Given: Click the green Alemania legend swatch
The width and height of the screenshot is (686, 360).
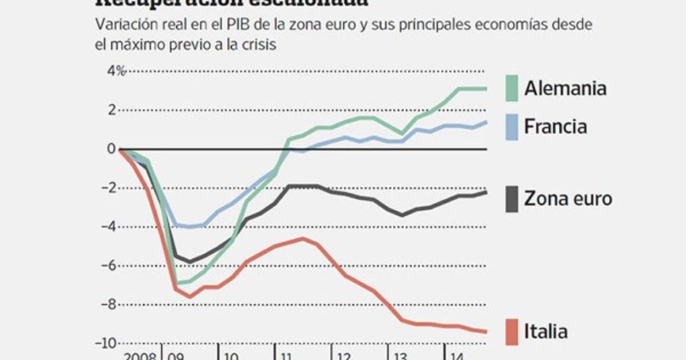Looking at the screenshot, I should pyautogui.click(x=512, y=89).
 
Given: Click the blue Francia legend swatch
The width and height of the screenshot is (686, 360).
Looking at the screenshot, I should pyautogui.click(x=512, y=126).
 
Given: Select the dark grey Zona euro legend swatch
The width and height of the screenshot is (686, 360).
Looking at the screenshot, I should pyautogui.click(x=512, y=199).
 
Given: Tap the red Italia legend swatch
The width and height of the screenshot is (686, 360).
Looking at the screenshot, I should pyautogui.click(x=512, y=331).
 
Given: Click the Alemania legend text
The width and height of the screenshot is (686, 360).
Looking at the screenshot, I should pyautogui.click(x=565, y=89).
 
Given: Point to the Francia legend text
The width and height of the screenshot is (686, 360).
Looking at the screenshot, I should pyautogui.click(x=556, y=126).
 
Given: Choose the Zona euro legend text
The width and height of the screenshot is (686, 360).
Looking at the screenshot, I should pyautogui.click(x=568, y=199).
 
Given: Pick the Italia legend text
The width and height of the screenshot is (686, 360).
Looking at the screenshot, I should pyautogui.click(x=547, y=331).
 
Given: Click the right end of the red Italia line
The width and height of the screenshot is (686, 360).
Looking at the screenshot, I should pyautogui.click(x=486, y=331).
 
